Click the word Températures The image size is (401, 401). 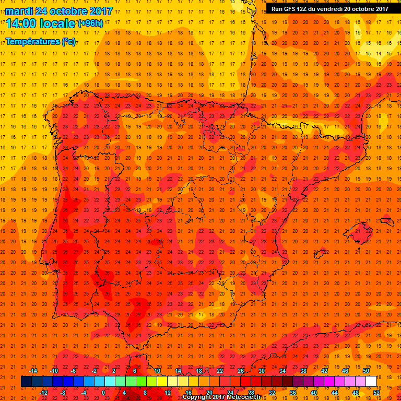pos(32,41)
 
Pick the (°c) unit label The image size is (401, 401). pos(68,41)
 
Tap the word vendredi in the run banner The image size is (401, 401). pos(328,9)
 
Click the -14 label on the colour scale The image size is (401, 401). pos(33,371)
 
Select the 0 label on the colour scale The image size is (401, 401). pos(103,392)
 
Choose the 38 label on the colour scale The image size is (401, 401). pos(303,371)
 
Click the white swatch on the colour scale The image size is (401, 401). pos(371,382)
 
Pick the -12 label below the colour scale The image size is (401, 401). pos(44,392)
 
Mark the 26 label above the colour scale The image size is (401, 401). pos(241,371)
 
